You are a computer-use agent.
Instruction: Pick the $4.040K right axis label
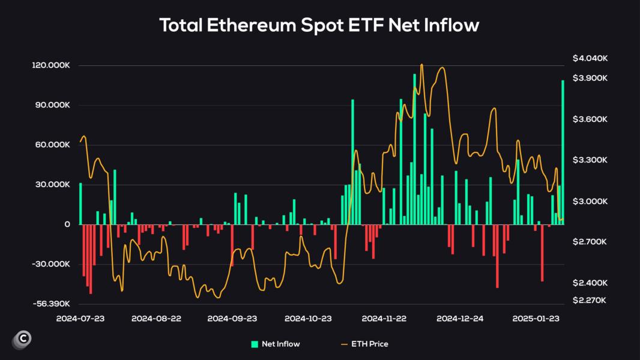coord(590,58)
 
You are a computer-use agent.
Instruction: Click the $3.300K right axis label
coord(590,160)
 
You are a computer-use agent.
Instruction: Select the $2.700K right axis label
coord(590,242)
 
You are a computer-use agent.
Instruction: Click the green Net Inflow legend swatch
coord(255,344)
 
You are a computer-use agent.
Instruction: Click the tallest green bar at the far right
coord(563,150)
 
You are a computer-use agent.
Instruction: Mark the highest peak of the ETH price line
coord(421,65)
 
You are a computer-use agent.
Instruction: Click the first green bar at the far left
coord(80,204)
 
